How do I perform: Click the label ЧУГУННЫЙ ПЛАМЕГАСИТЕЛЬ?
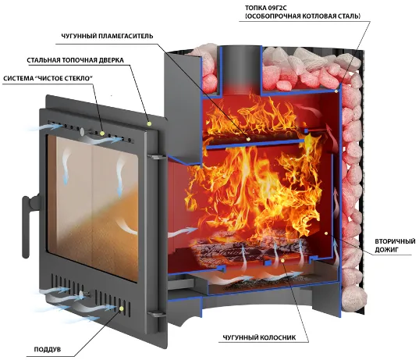[x=108, y=36]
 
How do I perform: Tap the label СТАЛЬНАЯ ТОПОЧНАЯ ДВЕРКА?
[x=76, y=60]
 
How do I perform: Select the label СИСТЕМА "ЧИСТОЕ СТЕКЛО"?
[x=48, y=78]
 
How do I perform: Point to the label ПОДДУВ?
[x=48, y=349]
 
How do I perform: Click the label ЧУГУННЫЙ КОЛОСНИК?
[x=259, y=337]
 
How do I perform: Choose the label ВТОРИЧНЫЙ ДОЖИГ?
[x=395, y=245]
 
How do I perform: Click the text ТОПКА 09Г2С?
[x=266, y=8]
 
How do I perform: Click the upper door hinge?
[x=156, y=157]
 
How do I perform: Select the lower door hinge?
[x=156, y=314]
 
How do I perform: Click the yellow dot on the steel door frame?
[x=149, y=123]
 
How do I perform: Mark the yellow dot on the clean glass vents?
[x=102, y=133]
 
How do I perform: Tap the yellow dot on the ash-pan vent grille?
[x=122, y=308]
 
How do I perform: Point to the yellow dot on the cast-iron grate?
[x=283, y=260]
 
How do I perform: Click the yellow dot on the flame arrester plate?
[x=248, y=139]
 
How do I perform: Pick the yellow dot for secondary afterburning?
[x=326, y=233]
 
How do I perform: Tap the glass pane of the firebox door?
[x=93, y=207]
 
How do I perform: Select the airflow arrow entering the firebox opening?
[x=183, y=232]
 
